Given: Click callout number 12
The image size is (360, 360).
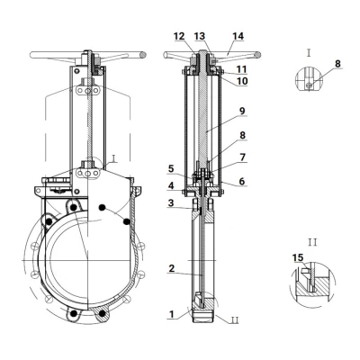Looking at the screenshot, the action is point(179,36).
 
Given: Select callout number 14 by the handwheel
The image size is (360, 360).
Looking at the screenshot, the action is point(238,36).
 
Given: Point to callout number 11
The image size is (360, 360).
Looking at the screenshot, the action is point(241,69).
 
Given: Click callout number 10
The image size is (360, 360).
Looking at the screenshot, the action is point(241,81).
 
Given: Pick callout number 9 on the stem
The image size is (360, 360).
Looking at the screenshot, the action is point(242,111).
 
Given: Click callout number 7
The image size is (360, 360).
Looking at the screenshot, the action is point(242,157).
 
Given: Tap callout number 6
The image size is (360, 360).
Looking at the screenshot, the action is point(242,181).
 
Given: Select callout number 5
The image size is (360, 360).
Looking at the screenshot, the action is point(171,168).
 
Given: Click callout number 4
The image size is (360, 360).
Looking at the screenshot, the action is point(171,185).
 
